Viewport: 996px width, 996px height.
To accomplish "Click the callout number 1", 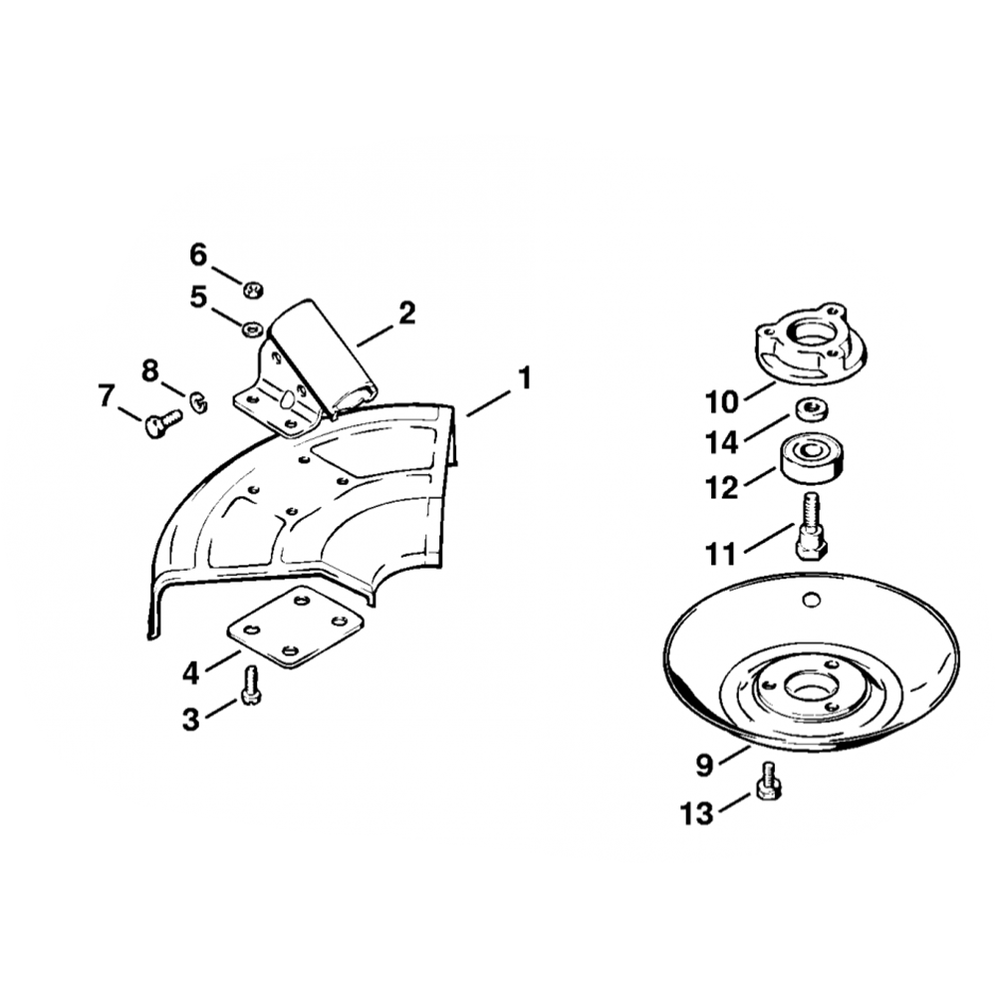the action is point(524,379).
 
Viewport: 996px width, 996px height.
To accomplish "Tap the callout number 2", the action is point(406,313).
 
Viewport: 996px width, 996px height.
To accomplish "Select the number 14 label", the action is point(722,442).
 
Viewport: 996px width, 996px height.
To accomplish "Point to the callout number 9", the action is point(705,765).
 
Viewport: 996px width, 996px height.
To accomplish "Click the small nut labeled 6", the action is point(254,290).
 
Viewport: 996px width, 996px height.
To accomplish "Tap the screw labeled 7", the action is point(163,421).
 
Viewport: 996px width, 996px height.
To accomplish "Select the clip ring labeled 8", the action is point(199,403).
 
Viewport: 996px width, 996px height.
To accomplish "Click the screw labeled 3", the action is point(251,687).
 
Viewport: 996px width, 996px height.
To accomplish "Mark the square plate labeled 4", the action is point(289,625).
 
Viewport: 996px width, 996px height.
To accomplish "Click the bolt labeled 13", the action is point(768,781).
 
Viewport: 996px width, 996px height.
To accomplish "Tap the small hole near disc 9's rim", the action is point(810,599).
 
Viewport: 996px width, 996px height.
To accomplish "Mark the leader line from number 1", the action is point(488,403).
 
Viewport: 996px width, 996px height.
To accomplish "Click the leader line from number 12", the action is point(760,477).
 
